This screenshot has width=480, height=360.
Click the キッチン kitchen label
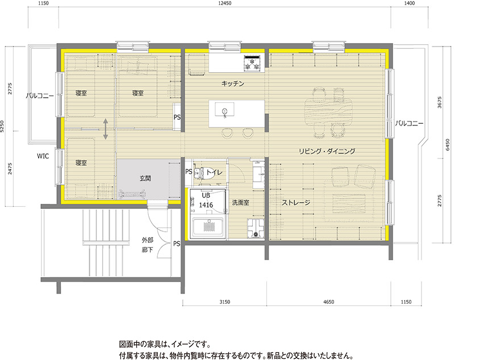232,84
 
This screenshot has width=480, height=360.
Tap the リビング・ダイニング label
327,151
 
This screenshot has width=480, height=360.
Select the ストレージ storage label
296,202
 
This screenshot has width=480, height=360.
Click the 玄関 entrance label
145,178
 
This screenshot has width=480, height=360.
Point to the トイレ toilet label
214,172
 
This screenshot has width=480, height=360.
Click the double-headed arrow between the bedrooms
106,129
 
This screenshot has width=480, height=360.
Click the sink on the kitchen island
225,111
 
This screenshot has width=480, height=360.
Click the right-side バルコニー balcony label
410,123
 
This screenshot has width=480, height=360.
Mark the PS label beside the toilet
188,172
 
